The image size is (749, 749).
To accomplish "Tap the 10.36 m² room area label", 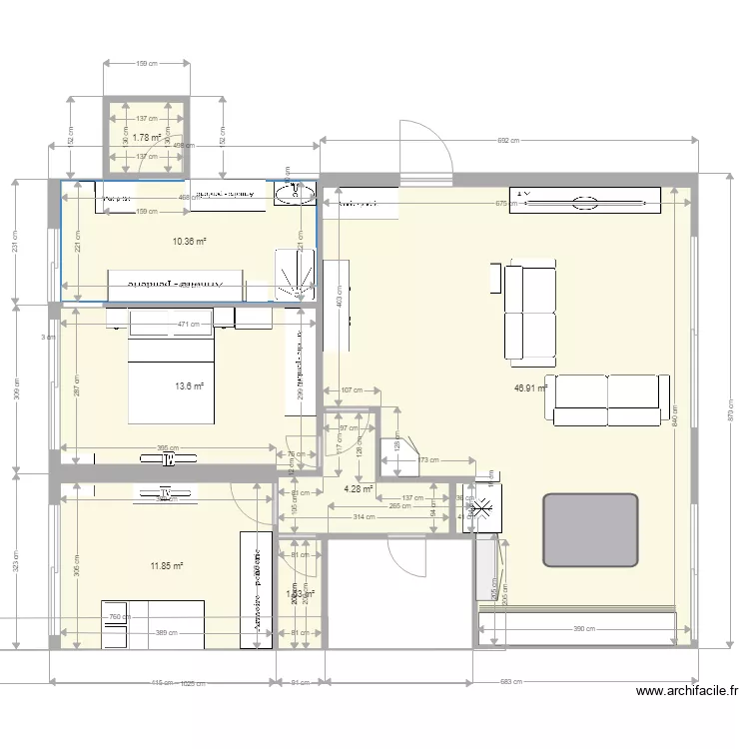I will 189,242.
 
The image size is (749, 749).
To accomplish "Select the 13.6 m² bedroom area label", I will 189,386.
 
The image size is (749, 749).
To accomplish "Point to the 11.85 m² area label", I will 167,566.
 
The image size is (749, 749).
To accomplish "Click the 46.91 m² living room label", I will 530,387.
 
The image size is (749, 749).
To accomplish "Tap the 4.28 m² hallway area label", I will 358,489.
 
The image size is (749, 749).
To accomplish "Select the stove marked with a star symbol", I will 483,508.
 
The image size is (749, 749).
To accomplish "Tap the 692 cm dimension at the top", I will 508,141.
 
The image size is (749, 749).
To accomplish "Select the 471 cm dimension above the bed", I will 188,324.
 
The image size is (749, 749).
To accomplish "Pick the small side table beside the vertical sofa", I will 494,277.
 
